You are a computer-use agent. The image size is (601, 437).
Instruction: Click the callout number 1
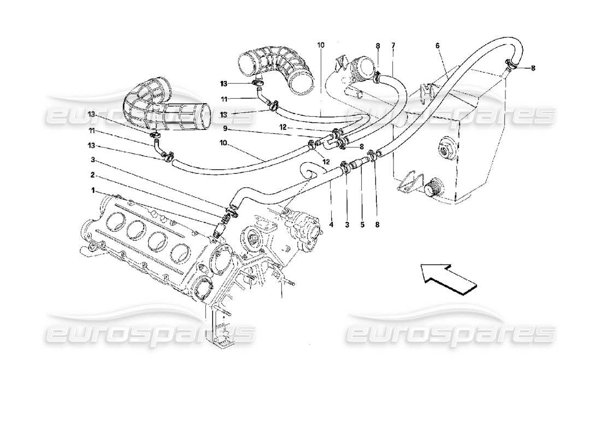click(93, 191)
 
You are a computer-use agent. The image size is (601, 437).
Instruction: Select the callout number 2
click(93, 176)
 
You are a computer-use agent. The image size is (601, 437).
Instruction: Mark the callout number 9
click(225, 129)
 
